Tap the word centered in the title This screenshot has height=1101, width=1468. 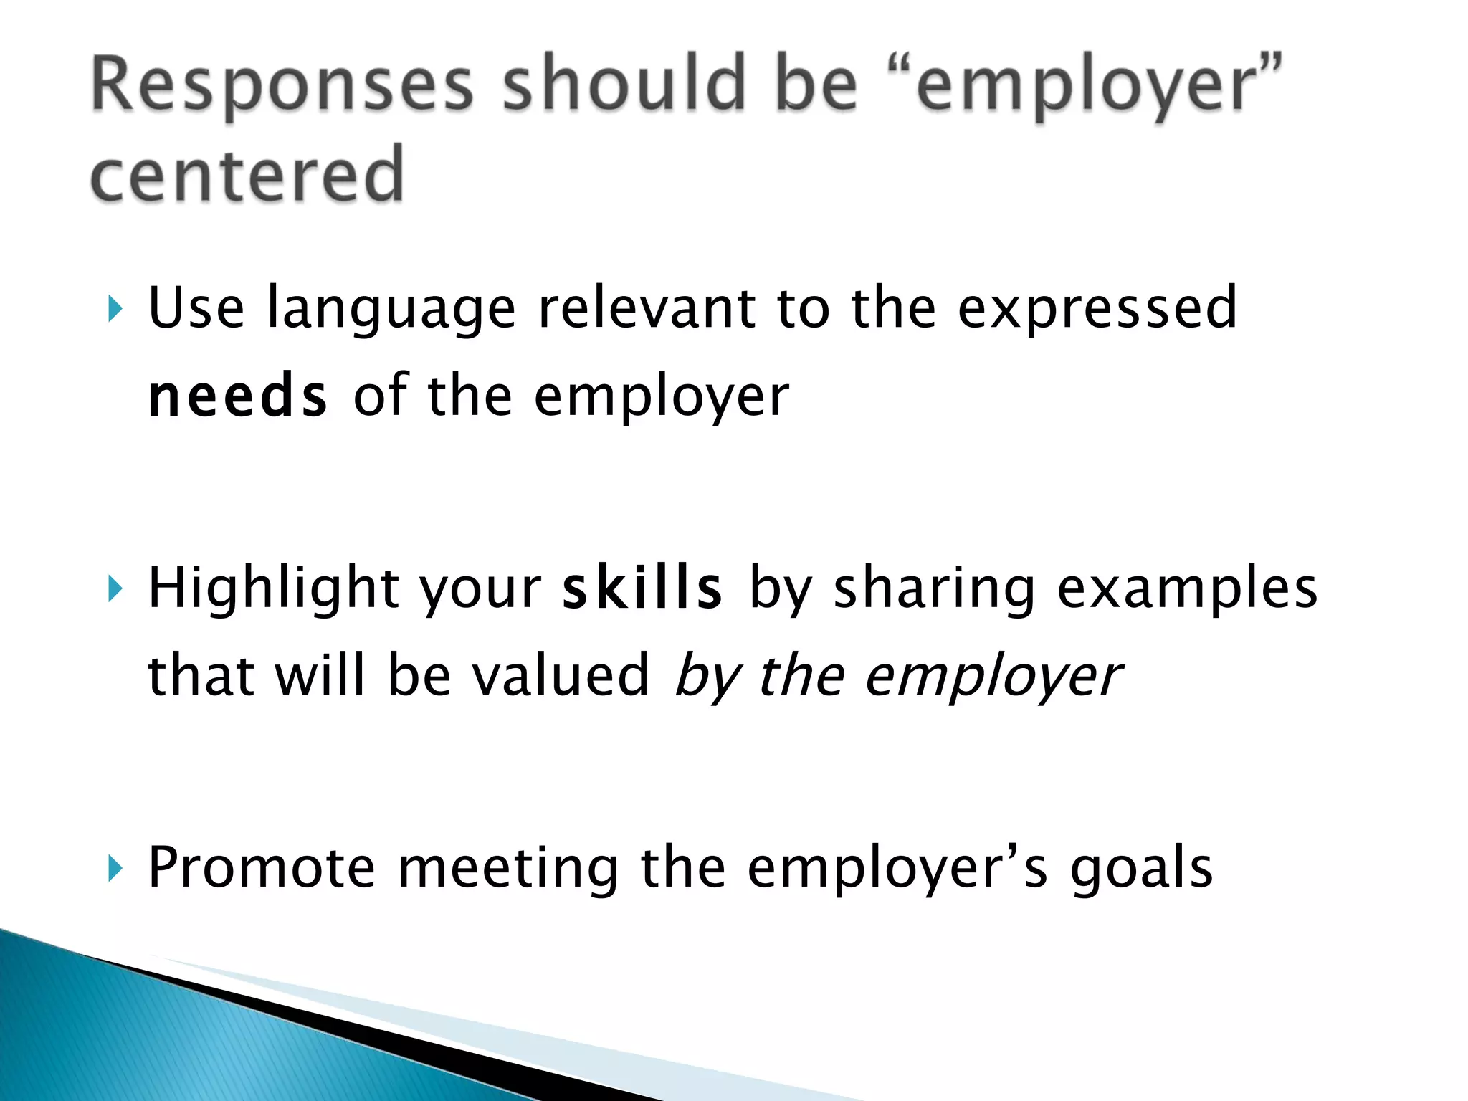tap(247, 174)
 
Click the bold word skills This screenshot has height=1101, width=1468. tap(642, 588)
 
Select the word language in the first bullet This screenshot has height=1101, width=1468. tap(391, 308)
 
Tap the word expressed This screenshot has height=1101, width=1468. tap(1097, 308)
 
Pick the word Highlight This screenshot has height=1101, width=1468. tap(273, 588)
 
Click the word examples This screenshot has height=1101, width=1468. tap(1187, 588)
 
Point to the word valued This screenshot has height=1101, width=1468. tap(560, 675)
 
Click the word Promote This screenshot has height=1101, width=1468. tap(262, 868)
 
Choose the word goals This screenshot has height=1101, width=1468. tap(1141, 868)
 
